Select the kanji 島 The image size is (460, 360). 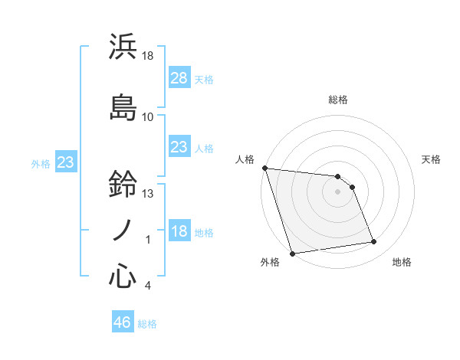pyautogui.click(x=123, y=106)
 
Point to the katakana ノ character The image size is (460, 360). pyautogui.click(x=123, y=231)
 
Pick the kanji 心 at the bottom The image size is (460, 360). pyautogui.click(x=123, y=276)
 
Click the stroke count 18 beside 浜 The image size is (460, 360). pyautogui.click(x=148, y=56)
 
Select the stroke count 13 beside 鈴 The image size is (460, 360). pyautogui.click(x=149, y=194)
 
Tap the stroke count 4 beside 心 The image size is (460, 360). pyautogui.click(x=148, y=286)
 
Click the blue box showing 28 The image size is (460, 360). pyautogui.click(x=179, y=77)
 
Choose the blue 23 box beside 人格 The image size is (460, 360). pyautogui.click(x=179, y=147)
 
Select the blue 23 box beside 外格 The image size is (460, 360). pyautogui.click(x=66, y=162)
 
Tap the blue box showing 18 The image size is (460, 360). pyautogui.click(x=179, y=231)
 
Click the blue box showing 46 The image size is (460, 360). pyautogui.click(x=123, y=322)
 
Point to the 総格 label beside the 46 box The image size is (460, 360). pyautogui.click(x=148, y=324)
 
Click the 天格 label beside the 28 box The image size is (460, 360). pyautogui.click(x=203, y=79)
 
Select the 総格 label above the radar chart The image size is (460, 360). pyautogui.click(x=337, y=100)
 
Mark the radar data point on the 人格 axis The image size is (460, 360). pyautogui.click(x=264, y=168)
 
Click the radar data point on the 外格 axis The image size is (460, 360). pyautogui.click(x=291, y=253)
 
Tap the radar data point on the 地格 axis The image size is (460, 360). pyautogui.click(x=374, y=242)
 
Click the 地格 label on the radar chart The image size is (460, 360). pyautogui.click(x=402, y=263)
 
